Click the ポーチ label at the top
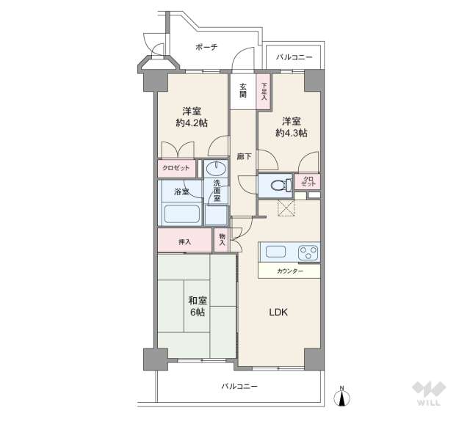[206, 47]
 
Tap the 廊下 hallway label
[244, 156]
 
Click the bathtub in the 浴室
[181, 215]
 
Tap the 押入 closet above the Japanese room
[184, 241]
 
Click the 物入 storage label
[222, 239]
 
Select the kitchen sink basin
[276, 252]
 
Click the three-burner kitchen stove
[307, 253]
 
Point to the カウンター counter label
[289, 271]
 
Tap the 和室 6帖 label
[196, 306]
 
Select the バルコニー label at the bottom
[240, 386]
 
